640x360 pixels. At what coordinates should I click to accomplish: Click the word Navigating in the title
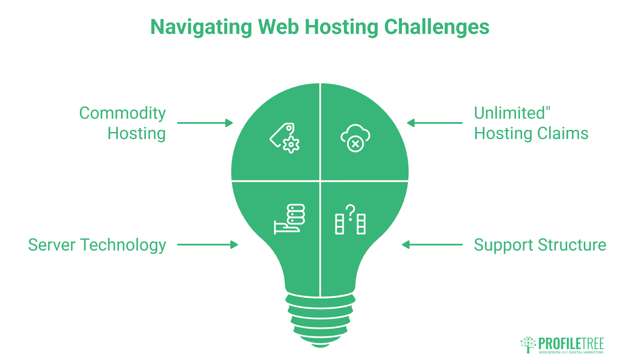pos(201,27)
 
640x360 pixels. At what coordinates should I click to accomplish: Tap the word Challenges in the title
pos(437,27)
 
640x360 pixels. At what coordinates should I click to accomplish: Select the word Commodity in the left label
pos(122,113)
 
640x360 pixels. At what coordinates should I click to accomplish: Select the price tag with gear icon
pos(285,138)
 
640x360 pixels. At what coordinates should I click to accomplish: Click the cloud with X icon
pos(355,138)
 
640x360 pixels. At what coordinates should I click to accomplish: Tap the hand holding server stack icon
pos(289,219)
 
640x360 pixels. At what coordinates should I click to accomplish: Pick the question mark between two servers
pos(350,212)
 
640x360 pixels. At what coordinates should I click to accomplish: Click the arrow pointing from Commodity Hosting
pos(205,123)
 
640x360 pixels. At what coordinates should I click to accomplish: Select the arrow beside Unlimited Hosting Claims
pos(435,123)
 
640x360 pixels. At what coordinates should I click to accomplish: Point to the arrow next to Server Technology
pos(207,245)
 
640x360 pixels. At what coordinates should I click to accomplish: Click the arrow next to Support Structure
pos(432,245)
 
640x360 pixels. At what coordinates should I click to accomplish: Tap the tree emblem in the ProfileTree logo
pos(528,344)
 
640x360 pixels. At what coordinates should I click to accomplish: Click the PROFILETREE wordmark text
pos(571,344)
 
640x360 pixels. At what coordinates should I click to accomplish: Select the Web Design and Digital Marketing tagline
pos(571,352)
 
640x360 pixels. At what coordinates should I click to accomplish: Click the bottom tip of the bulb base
pos(320,346)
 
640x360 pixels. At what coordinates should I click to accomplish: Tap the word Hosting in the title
pos(341,27)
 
